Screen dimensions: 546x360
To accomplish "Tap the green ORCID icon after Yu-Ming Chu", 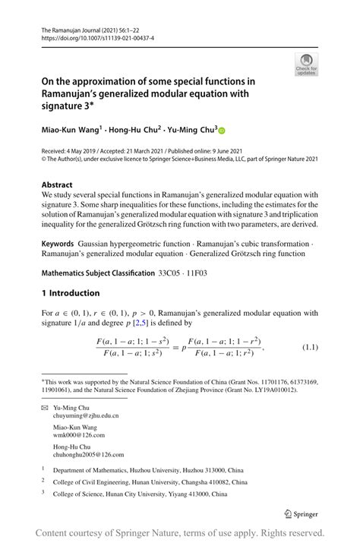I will pos(223,130).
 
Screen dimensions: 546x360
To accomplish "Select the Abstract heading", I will pos(58,185).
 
